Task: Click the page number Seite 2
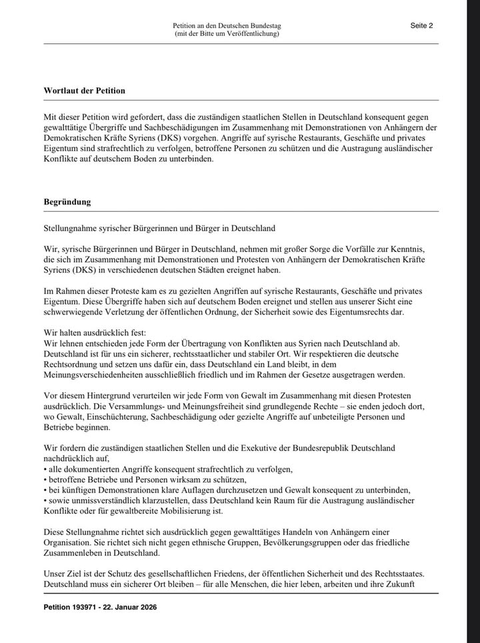point(421,26)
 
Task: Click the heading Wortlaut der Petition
point(84,90)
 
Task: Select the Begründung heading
point(67,201)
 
